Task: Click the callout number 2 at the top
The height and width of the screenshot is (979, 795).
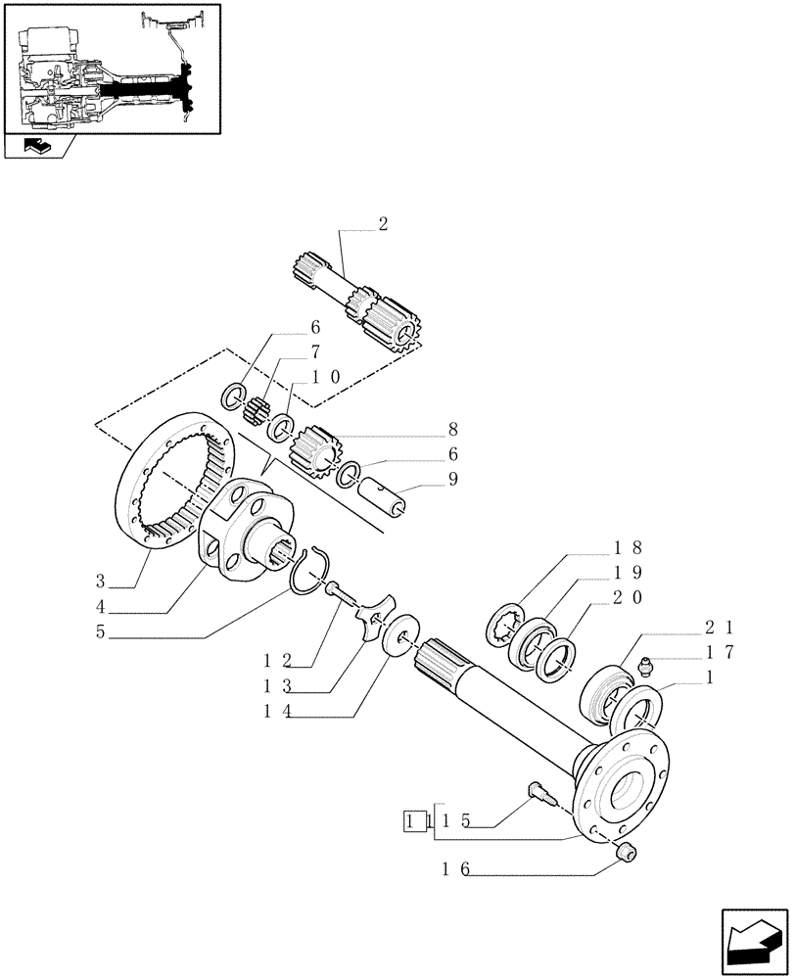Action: tap(382, 224)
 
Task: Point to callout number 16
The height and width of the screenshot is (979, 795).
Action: tap(451, 868)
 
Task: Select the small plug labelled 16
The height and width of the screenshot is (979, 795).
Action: tap(627, 854)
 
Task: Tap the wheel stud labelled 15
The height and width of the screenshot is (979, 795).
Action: tap(539, 790)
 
